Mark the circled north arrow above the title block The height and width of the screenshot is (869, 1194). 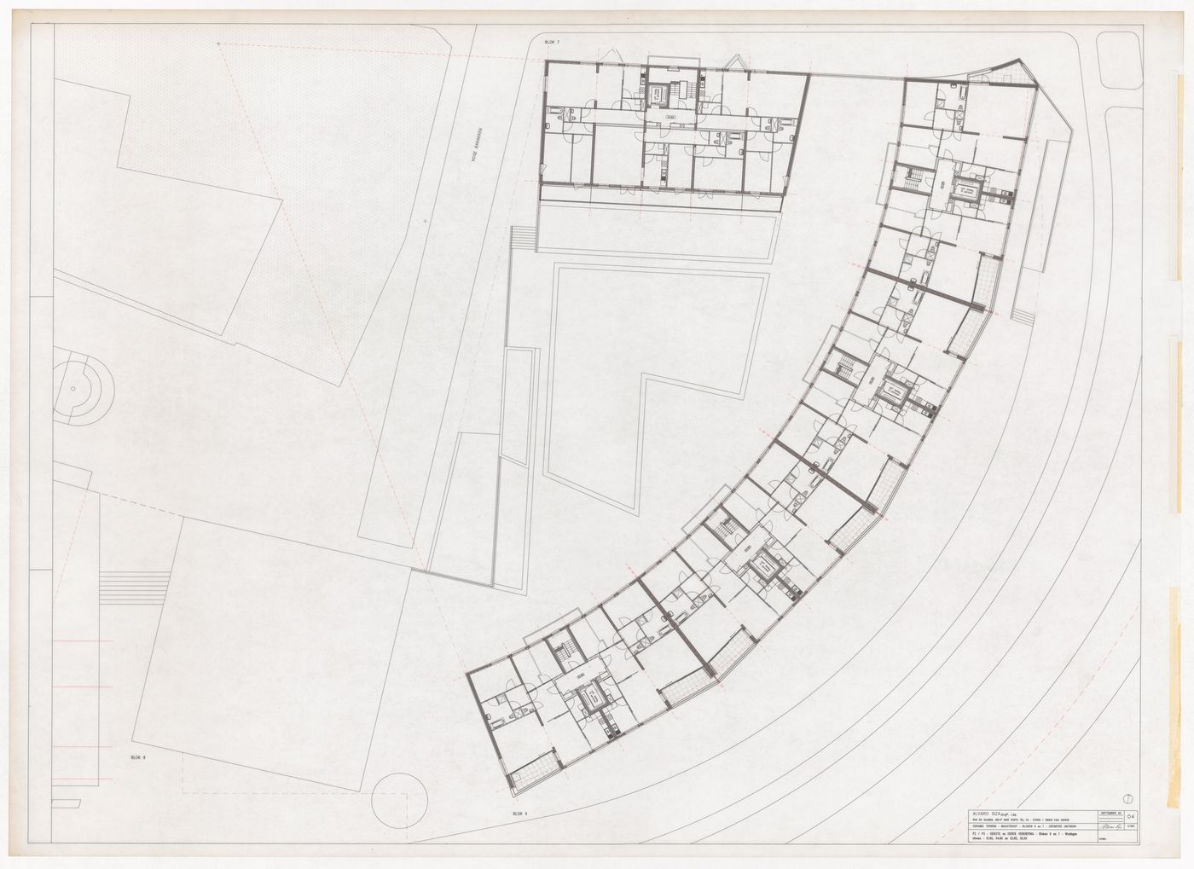coord(1127,797)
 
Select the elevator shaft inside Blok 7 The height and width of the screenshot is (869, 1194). coord(658,95)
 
